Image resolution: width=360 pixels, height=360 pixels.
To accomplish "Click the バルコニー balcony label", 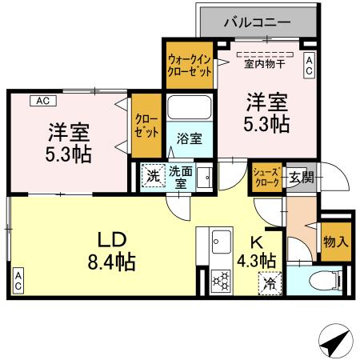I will pos(257,22).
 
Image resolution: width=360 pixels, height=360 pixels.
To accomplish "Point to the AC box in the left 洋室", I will pos(43,102).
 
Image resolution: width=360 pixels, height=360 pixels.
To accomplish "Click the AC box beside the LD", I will pos(17,281).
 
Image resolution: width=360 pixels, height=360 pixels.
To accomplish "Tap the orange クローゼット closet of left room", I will pos(146,126).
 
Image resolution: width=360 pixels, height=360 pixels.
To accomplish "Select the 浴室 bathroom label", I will pos(190,138).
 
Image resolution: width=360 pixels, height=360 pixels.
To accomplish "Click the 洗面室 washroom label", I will pos(180,176).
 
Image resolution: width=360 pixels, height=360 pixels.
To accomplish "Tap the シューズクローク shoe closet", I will pos(266,178).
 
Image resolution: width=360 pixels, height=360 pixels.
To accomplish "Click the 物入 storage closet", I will pos(335,240).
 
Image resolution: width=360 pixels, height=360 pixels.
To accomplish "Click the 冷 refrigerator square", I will pos(270,282).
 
